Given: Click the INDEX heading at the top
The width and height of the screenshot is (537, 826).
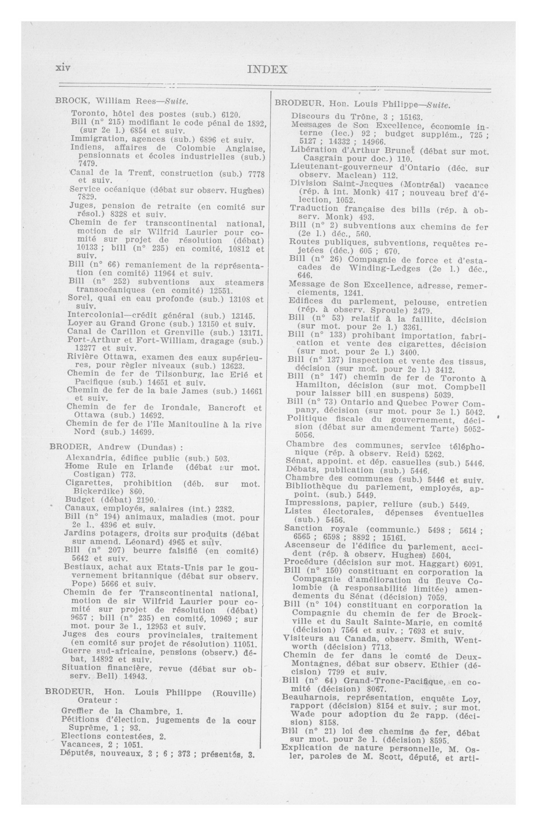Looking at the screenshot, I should click(x=267, y=70).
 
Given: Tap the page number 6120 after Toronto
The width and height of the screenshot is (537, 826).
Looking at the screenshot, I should click(x=231, y=114).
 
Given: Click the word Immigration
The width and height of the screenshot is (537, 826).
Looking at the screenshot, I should click(x=91, y=139).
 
